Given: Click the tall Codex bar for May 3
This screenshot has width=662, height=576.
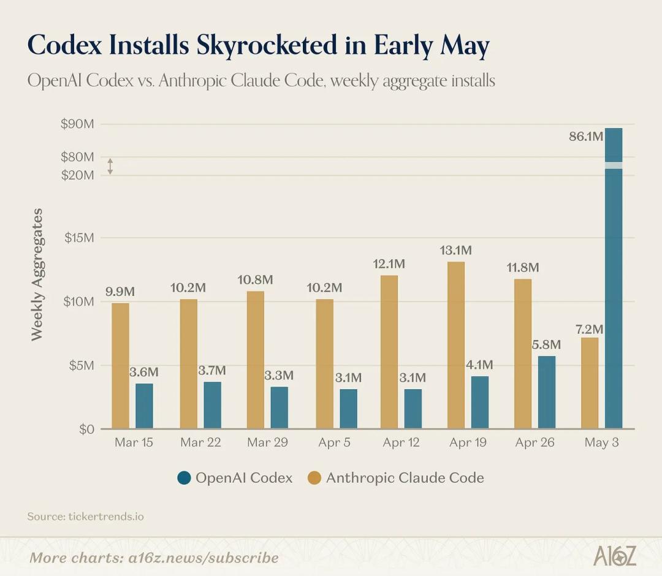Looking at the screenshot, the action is [614, 279].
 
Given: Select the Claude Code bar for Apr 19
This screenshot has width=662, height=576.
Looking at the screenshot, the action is [456, 345].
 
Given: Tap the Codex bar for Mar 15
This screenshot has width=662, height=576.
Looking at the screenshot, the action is [145, 406].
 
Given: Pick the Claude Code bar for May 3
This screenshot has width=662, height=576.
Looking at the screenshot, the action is [590, 383].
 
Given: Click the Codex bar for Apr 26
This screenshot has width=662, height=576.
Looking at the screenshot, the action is [547, 392].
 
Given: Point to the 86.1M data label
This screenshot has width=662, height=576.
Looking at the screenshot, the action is [586, 136].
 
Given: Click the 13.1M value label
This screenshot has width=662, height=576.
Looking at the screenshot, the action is [455, 250].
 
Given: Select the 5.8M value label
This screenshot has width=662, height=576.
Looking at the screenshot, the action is [546, 345].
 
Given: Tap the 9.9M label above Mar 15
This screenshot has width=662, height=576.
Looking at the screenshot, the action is [120, 292].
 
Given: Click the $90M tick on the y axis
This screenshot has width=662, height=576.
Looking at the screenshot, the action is [77, 124].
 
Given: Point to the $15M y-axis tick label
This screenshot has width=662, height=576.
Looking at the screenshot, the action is [79, 238].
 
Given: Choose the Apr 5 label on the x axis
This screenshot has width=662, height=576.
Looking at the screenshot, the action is [335, 442].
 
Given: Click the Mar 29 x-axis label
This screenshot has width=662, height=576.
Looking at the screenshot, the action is [267, 442].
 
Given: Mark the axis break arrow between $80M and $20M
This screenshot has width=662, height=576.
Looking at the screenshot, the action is [110, 166].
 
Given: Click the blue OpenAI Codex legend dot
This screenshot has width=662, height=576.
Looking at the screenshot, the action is [184, 478].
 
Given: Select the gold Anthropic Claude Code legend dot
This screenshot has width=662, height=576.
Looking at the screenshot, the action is [314, 478].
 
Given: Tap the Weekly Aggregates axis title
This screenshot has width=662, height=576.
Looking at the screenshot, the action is [37, 275].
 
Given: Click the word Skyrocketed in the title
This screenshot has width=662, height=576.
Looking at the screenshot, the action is [267, 45].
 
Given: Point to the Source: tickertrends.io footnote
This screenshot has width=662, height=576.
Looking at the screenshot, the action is [85, 517].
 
